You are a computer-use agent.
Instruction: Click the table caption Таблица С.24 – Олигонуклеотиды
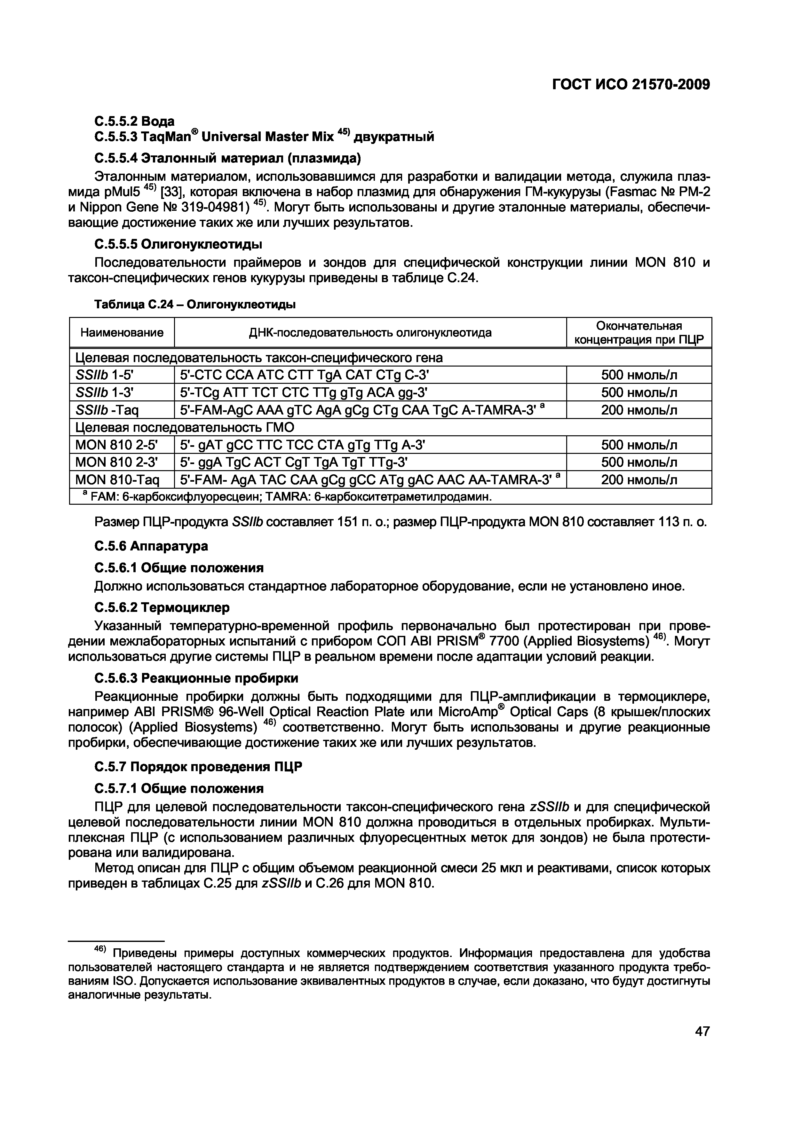point(194,305)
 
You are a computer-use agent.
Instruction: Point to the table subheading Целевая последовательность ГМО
point(185,428)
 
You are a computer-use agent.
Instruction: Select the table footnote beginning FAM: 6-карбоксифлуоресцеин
point(288,497)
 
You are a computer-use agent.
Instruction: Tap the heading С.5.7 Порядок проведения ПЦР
point(198,767)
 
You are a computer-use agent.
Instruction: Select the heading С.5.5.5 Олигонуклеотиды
point(178,243)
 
